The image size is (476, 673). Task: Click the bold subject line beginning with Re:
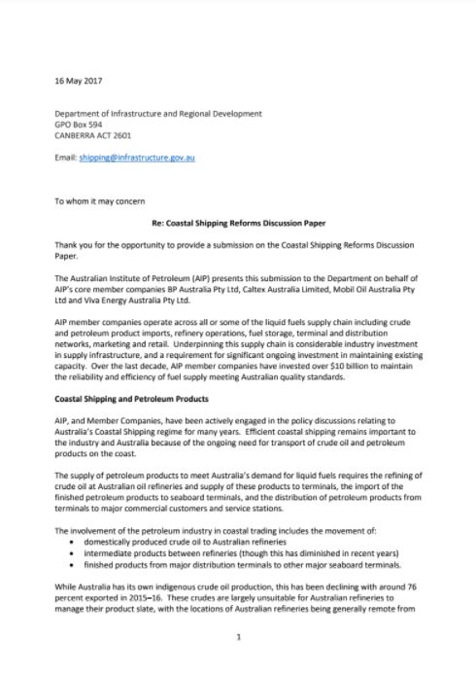click(238, 223)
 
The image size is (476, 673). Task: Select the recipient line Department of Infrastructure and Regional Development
click(158, 114)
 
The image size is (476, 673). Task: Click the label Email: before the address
click(65, 157)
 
